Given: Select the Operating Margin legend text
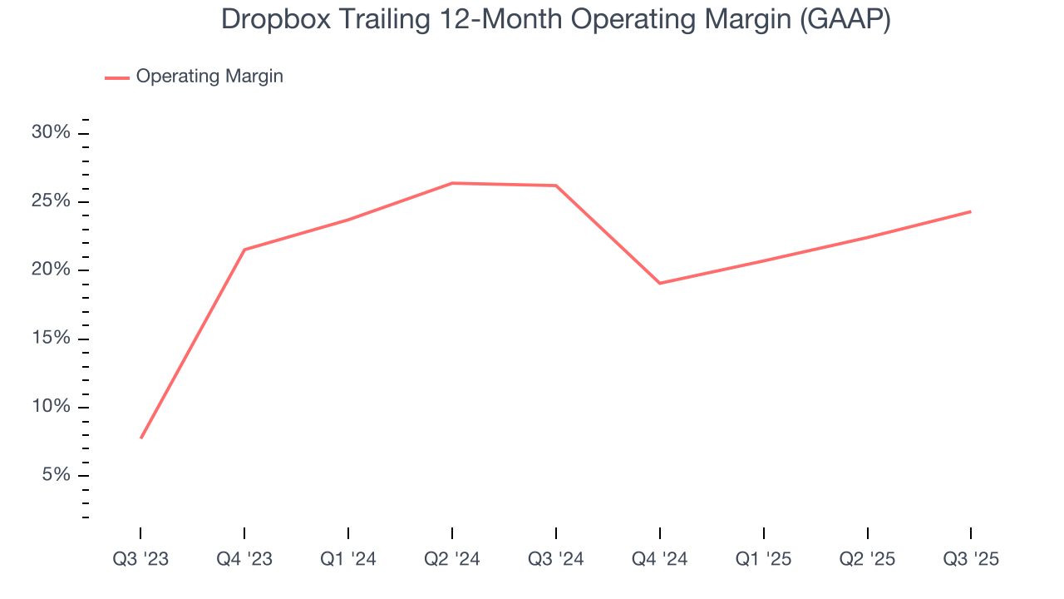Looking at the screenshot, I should pyautogui.click(x=209, y=77).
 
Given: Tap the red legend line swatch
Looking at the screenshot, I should pyautogui.click(x=117, y=77).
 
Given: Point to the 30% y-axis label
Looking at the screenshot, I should pyautogui.click(x=52, y=133).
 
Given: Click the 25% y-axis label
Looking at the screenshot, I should pyautogui.click(x=52, y=201).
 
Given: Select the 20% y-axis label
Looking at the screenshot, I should pyautogui.click(x=52, y=270).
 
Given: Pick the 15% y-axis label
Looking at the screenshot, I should pyautogui.click(x=52, y=339).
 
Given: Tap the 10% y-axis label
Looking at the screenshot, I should pyautogui.click(x=52, y=407).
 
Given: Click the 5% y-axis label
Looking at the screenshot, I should pyautogui.click(x=56, y=475).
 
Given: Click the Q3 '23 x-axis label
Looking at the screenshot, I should pyautogui.click(x=140, y=559).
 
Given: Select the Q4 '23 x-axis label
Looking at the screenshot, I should pyautogui.click(x=244, y=559).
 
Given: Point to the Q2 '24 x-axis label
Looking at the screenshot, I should pyautogui.click(x=452, y=559).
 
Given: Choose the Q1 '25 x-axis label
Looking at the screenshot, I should pyautogui.click(x=764, y=559).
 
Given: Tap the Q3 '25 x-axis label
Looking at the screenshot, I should pyautogui.click(x=971, y=559).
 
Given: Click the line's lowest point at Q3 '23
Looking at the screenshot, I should pyautogui.click(x=141, y=438).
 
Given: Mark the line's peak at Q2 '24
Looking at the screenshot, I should pyautogui.click(x=452, y=183).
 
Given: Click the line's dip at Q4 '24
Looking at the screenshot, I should pyautogui.click(x=660, y=283).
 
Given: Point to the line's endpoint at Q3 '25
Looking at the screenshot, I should pyautogui.click(x=970, y=211).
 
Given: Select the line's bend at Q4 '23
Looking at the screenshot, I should pyautogui.click(x=244, y=250).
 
